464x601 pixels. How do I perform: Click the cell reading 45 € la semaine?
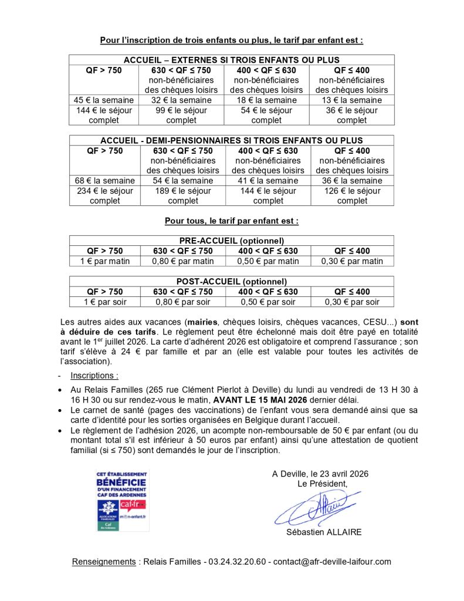pyautogui.click(x=104, y=100)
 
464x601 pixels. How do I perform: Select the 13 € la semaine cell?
pyautogui.click(x=352, y=100)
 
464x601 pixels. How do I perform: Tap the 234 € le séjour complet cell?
pyautogui.click(x=104, y=195)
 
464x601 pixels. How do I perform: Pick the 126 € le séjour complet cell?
pyautogui.click(x=353, y=195)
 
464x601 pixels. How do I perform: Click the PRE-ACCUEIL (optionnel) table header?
pyautogui.click(x=231, y=241)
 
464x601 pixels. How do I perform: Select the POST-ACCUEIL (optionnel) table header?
pyautogui.click(x=231, y=282)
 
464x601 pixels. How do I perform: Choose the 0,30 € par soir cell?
pyautogui.click(x=352, y=302)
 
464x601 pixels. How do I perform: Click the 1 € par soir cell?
pyautogui.click(x=104, y=302)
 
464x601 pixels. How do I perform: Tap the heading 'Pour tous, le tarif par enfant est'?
pyautogui.click(x=231, y=221)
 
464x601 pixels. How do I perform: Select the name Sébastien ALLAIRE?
pyautogui.click(x=324, y=532)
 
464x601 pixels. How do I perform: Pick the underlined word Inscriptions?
pyautogui.click(x=94, y=375)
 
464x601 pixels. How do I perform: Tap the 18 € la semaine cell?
pyautogui.click(x=267, y=100)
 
